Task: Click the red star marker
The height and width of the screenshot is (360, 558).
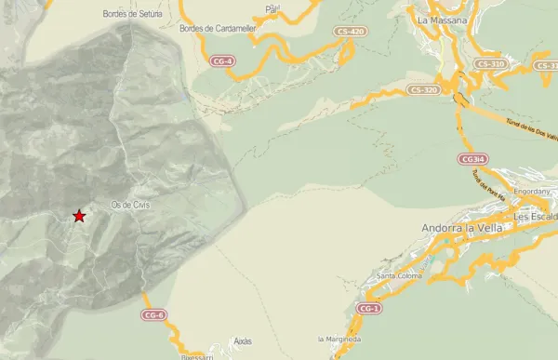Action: coord(79,216)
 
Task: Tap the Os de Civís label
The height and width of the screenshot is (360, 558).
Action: coord(130,205)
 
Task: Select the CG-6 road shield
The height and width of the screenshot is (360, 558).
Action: coord(154,315)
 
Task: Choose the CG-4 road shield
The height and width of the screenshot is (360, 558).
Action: coord(222,61)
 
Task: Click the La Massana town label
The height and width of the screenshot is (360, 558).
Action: coord(442,20)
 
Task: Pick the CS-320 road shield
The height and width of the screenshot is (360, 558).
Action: coord(423,90)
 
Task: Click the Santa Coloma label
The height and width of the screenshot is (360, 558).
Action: coord(400,275)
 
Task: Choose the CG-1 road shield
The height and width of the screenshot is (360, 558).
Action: coord(369,308)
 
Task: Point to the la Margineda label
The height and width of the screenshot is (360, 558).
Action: coord(338,339)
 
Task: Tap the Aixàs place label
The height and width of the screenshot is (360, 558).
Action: coord(243,340)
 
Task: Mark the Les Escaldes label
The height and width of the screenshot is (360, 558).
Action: coord(535,217)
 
